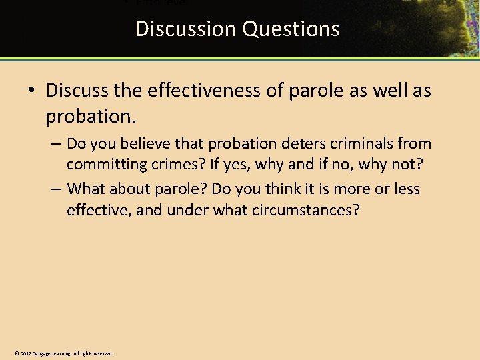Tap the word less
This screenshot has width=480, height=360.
pyautogui.click(x=406, y=189)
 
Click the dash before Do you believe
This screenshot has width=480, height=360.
pyautogui.click(x=55, y=143)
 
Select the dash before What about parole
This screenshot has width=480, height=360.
pyautogui.click(x=55, y=189)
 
